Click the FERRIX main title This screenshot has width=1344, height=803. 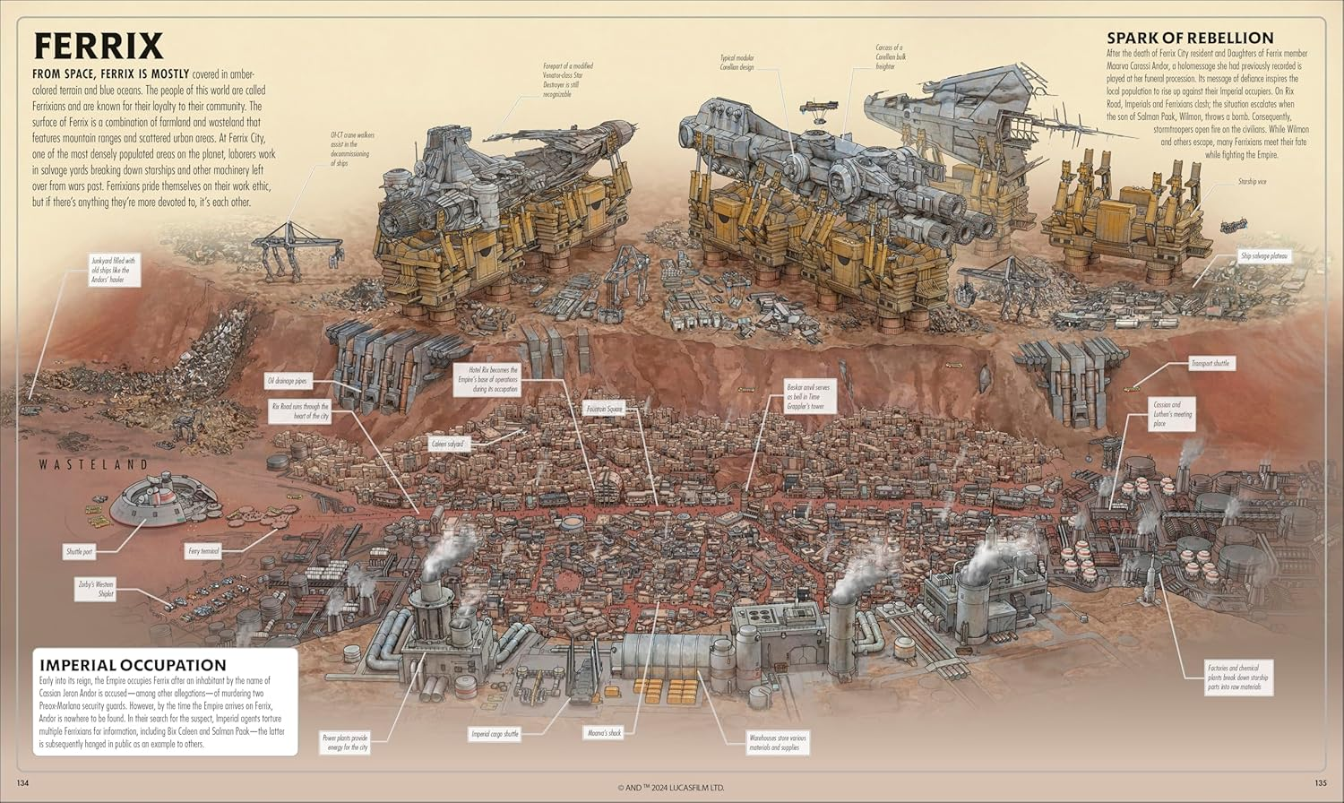[98, 45]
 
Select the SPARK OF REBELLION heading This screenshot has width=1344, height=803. [1190, 38]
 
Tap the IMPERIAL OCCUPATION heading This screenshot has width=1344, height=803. [133, 665]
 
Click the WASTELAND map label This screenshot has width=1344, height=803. [93, 464]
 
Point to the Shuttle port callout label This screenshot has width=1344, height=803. [79, 551]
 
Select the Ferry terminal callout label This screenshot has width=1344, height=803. [203, 551]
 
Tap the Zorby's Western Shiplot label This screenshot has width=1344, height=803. [95, 588]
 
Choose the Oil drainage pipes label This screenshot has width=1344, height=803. [287, 381]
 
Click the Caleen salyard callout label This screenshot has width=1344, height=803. [448, 444]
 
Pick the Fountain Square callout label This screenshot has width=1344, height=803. [603, 409]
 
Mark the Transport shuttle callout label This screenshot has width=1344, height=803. [1210, 363]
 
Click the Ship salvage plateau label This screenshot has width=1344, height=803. [1264, 256]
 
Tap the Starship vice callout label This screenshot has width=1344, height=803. [1252, 181]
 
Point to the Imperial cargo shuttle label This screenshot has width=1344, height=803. [495, 734]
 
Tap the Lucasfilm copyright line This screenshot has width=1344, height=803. [670, 788]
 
